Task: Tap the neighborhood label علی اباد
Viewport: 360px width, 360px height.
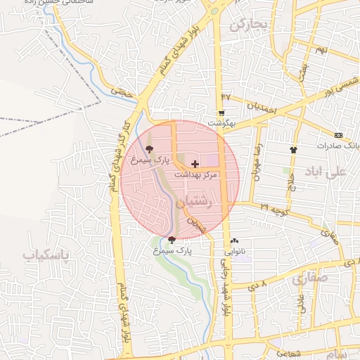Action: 327,172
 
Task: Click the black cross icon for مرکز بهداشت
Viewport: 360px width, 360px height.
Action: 195,164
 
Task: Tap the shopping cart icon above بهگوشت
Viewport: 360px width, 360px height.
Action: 221,112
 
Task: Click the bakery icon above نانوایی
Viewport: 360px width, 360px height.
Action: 234,240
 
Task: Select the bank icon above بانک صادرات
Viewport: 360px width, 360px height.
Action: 339,134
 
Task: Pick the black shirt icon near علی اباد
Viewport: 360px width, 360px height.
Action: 293,150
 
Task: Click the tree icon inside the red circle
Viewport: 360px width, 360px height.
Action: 148,149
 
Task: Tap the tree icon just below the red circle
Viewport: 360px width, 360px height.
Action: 172,240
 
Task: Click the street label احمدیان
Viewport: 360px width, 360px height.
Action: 261,108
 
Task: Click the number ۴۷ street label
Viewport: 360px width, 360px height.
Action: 226,96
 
